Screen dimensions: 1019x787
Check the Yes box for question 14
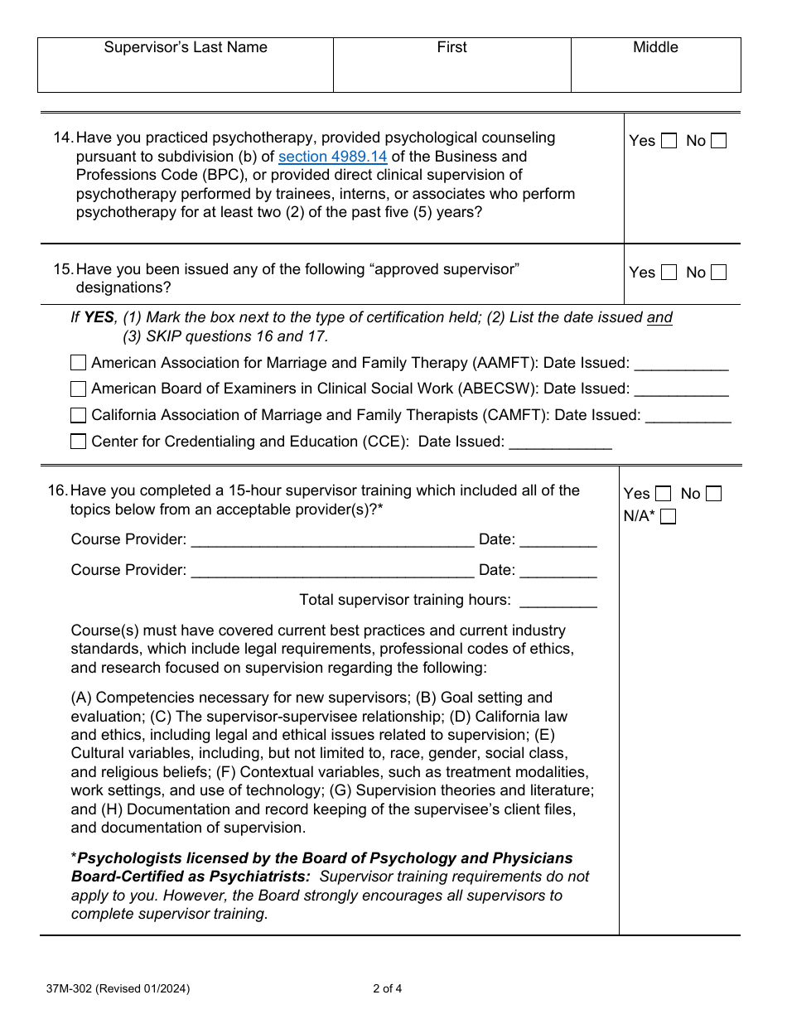click(x=669, y=141)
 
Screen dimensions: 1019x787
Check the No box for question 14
click(x=718, y=141)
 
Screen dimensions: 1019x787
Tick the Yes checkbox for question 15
click(x=669, y=273)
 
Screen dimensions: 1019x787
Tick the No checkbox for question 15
click(x=718, y=273)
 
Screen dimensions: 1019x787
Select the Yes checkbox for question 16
click(x=663, y=494)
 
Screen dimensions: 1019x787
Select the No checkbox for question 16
click(x=713, y=494)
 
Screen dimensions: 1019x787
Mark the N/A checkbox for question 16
click(x=668, y=517)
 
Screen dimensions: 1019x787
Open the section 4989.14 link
click(x=332, y=157)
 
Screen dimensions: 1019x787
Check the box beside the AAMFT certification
click(x=78, y=363)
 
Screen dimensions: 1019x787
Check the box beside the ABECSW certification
click(x=78, y=389)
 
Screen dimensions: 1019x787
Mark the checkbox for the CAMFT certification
click(x=78, y=415)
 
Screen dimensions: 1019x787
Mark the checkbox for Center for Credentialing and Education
click(x=78, y=442)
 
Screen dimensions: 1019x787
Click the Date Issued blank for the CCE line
click(x=560, y=443)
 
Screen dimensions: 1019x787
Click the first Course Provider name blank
click(x=332, y=541)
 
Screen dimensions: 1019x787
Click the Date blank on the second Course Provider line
click(x=558, y=572)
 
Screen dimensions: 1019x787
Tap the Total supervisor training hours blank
click(x=558, y=601)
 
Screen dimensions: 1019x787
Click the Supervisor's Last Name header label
click(x=186, y=47)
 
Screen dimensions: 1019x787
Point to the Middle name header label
click(x=655, y=47)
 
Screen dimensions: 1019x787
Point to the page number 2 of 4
click(x=388, y=988)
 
